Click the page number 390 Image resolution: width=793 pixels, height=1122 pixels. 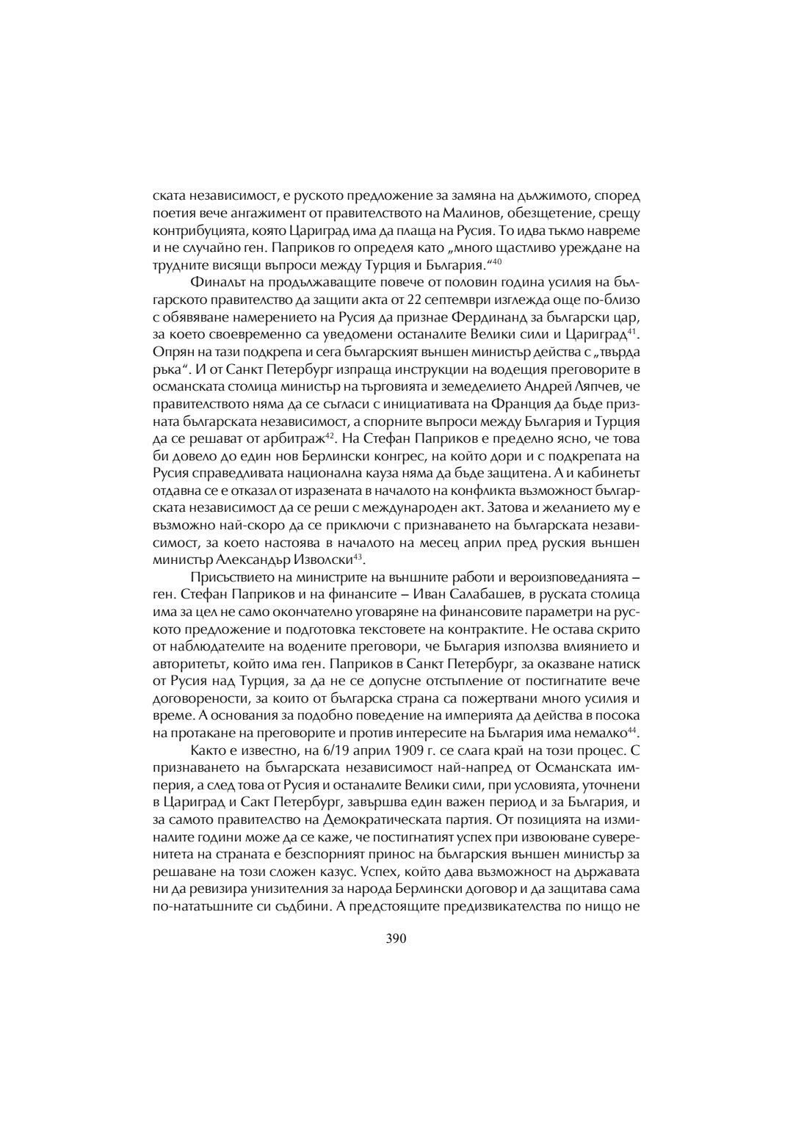coord(396,938)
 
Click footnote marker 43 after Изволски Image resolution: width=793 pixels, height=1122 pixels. coord(358,556)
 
